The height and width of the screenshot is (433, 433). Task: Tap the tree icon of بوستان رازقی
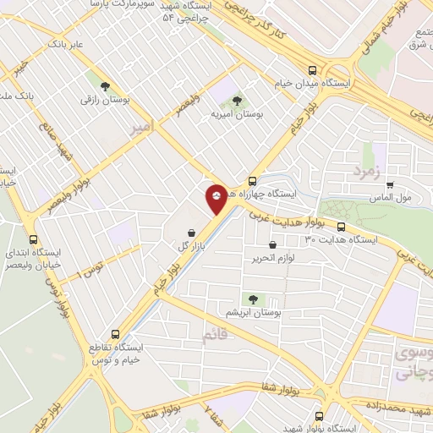[105, 86]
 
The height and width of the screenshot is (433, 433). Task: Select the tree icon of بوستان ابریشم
[252, 299]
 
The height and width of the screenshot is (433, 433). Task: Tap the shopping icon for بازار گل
[192, 233]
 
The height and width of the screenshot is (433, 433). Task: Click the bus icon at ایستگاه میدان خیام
[313, 71]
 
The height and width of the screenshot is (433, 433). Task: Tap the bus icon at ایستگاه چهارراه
[252, 181]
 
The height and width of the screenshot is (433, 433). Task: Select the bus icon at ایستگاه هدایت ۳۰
[341, 227]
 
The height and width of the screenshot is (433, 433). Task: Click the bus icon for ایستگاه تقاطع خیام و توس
[117, 334]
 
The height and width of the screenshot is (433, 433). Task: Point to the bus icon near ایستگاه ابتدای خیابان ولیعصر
[34, 239]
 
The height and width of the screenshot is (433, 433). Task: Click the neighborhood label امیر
[141, 129]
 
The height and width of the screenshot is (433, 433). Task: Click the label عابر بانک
[66, 41]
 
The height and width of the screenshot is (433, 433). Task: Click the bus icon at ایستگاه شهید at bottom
[318, 416]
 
